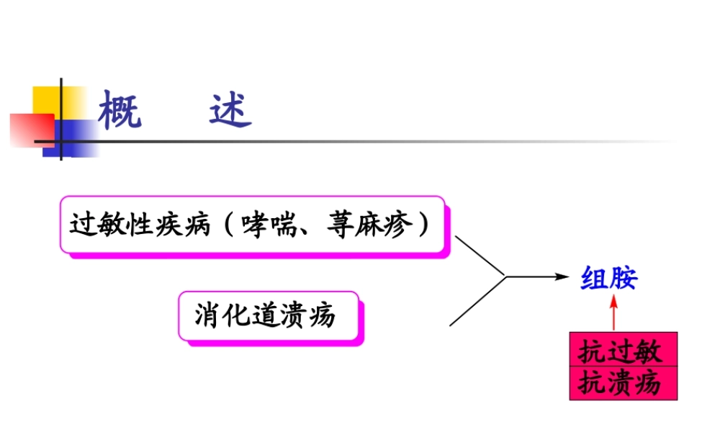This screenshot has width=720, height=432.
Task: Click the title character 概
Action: pos(120,109)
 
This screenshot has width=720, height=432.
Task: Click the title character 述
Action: pos(231,109)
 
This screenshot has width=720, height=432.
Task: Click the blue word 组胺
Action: pos(609,279)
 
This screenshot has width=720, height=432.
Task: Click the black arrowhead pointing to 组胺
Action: pos(562,276)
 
